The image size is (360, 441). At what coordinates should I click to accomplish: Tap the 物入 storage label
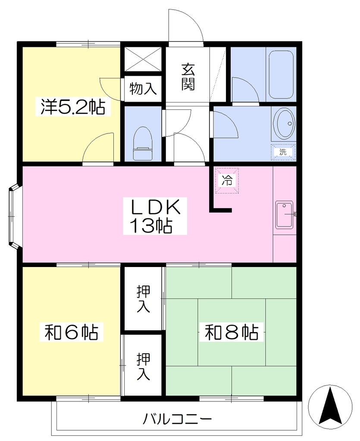click(x=143, y=89)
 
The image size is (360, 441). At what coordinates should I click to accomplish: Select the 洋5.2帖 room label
click(x=73, y=107)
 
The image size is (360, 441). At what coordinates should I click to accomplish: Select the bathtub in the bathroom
click(x=281, y=75)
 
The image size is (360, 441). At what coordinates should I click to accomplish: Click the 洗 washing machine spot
click(x=283, y=152)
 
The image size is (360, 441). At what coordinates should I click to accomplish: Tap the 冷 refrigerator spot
click(x=227, y=180)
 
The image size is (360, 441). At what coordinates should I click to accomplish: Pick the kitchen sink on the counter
click(x=284, y=214)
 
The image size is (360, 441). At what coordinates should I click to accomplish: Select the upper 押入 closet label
click(x=143, y=299)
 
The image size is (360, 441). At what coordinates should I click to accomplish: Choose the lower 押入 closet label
click(x=143, y=366)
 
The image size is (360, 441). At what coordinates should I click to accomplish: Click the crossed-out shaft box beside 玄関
click(x=143, y=59)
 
